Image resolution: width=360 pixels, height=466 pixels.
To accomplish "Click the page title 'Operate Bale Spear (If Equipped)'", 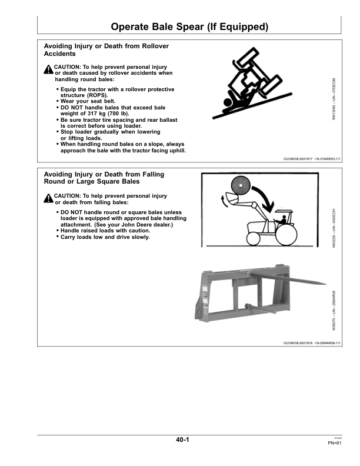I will (189, 27).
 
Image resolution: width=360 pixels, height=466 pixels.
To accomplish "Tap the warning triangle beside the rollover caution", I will (48, 69).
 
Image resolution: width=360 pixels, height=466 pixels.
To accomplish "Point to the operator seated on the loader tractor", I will (284, 221).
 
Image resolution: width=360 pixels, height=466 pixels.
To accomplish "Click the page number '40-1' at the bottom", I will (182, 440).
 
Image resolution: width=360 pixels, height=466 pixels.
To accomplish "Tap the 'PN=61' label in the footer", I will (335, 444).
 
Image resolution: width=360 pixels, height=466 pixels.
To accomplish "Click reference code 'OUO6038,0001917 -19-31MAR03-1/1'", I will (312, 159).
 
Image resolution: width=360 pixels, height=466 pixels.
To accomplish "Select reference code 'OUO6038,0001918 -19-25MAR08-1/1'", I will (312, 342).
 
